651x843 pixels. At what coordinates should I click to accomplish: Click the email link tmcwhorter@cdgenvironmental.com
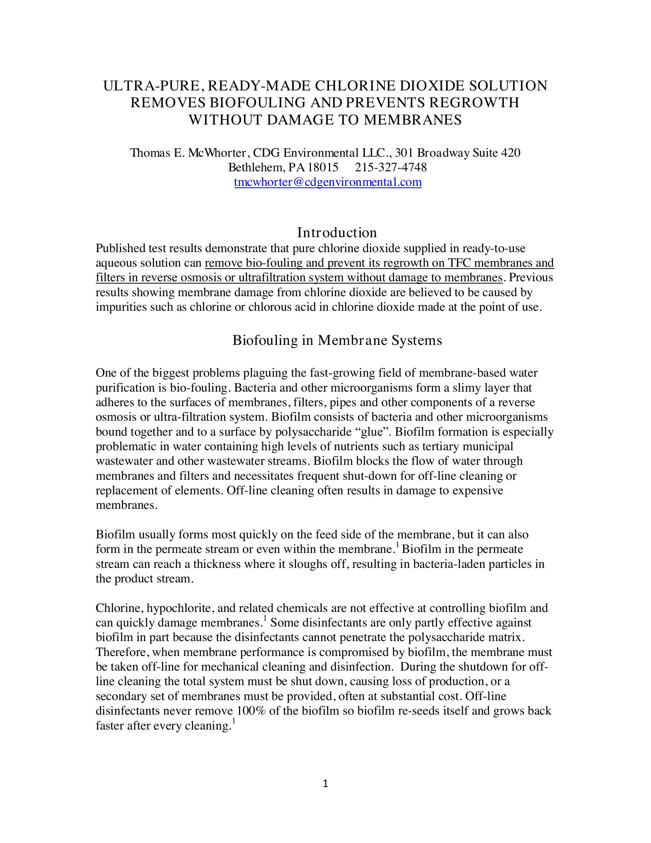(328, 182)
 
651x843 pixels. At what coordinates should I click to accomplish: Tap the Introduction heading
(337, 232)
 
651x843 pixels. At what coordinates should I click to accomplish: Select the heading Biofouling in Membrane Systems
(337, 340)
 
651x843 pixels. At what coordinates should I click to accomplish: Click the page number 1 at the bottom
(325, 783)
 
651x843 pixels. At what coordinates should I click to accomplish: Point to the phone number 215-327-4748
(391, 167)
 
